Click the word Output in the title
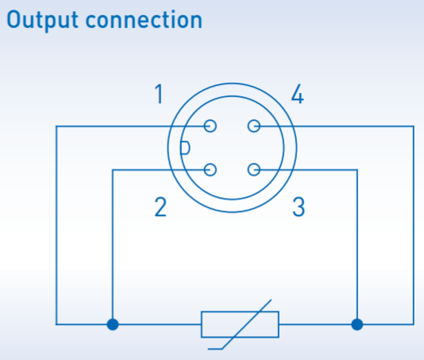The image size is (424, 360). click(x=42, y=21)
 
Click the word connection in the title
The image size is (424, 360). click(x=144, y=20)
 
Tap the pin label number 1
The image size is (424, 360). click(x=159, y=94)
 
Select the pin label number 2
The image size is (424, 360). click(x=160, y=207)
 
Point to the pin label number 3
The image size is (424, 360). click(x=299, y=207)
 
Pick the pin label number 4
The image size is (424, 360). click(x=298, y=94)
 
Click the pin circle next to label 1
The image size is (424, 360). click(x=210, y=126)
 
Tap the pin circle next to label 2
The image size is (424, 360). click(x=210, y=170)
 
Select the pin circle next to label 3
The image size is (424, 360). click(x=254, y=170)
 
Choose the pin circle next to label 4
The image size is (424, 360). click(x=254, y=126)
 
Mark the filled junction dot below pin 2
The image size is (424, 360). click(x=113, y=324)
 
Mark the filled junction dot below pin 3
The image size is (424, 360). click(x=357, y=324)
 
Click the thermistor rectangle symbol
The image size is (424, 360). click(x=202, y=324)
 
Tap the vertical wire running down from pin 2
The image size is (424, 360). click(x=113, y=247)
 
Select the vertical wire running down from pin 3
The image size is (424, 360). click(x=357, y=247)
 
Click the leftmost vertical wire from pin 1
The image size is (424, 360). click(x=56, y=225)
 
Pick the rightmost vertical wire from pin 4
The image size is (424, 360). click(x=414, y=225)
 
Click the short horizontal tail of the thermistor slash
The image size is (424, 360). click(x=215, y=349)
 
